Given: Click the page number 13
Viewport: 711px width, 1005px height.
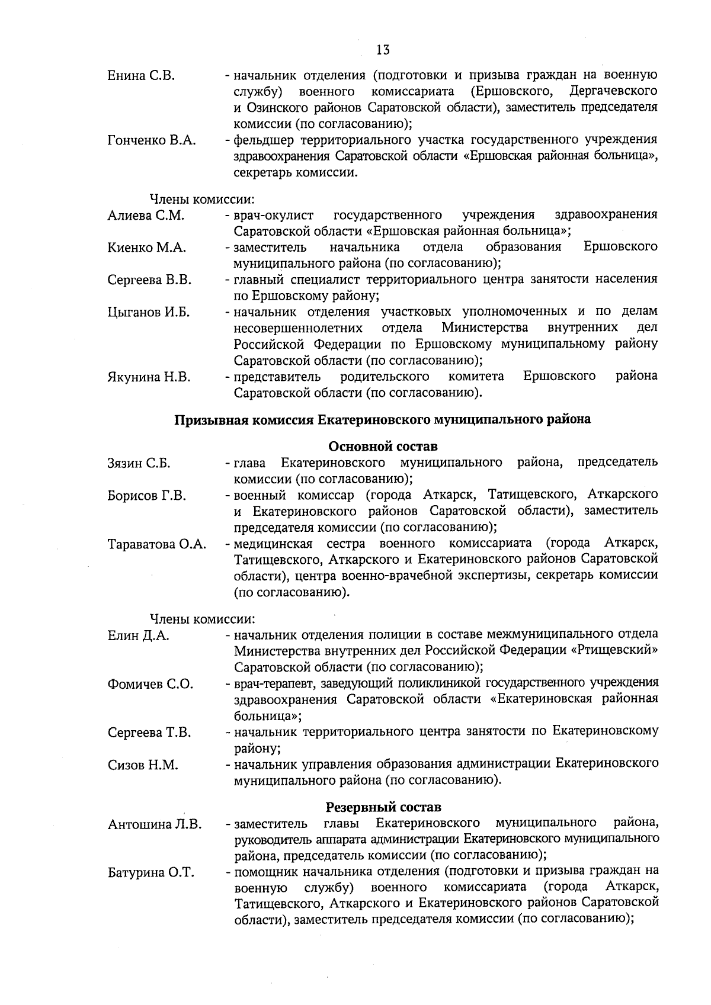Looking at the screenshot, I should tap(383, 50).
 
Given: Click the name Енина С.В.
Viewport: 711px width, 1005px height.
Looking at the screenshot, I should tap(141, 76).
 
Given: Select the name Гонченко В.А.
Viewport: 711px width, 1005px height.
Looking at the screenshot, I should tap(152, 140).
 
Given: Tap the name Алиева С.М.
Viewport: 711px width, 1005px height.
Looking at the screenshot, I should tap(146, 216).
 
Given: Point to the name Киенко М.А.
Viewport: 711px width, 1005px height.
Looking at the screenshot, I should tap(146, 248).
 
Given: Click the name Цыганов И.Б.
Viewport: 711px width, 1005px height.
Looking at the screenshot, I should tap(149, 313).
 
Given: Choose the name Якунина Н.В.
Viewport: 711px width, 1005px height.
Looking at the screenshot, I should tap(149, 377).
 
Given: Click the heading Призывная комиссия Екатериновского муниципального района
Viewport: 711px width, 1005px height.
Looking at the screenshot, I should tap(382, 420).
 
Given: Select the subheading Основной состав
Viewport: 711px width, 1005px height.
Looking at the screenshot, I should tap(382, 446).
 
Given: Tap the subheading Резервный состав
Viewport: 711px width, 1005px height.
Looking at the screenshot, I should tap(383, 807).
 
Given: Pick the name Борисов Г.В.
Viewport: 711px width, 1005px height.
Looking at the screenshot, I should tap(146, 496).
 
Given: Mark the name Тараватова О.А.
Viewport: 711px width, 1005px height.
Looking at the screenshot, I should tap(157, 544).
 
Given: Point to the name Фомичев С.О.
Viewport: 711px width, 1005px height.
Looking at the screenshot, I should tap(150, 685).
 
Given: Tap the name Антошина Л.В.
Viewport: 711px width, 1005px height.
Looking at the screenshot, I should tap(154, 824).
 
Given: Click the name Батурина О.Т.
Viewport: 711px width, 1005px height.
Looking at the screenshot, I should tap(150, 873).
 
